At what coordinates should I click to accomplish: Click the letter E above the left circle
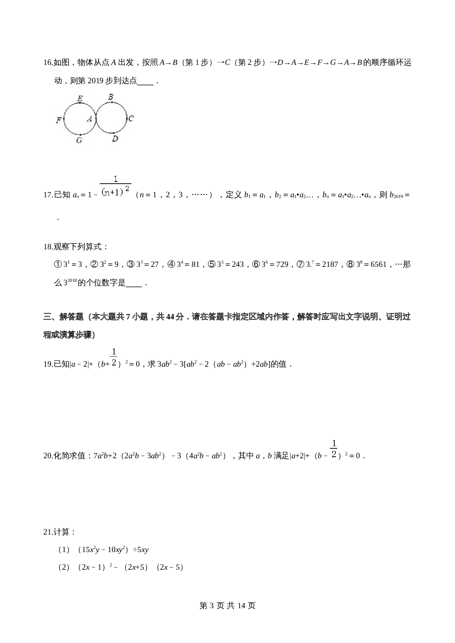[80, 98]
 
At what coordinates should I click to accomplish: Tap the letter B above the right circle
[110, 97]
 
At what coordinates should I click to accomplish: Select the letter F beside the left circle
[58, 120]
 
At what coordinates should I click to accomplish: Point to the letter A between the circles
[89, 119]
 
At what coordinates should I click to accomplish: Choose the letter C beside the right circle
[131, 118]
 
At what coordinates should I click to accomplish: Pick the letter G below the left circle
[79, 140]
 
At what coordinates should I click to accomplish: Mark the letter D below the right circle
[115, 139]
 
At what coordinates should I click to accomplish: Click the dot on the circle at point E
[80, 103]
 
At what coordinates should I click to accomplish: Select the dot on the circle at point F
[64, 119]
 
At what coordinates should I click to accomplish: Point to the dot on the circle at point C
[127, 118]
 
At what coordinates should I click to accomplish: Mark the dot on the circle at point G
[80, 135]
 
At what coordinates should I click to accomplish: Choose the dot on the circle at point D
[114, 133]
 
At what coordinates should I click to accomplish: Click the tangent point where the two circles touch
[96, 118]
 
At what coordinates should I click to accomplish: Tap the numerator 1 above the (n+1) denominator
[116, 179]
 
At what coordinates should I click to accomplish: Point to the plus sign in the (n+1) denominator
[113, 192]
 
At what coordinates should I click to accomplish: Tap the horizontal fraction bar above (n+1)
[116, 184]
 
